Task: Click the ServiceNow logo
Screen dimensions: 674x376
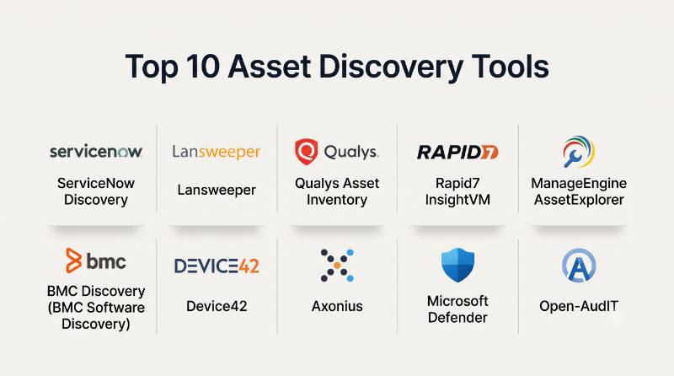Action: point(96,152)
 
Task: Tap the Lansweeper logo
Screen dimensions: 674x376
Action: point(217,152)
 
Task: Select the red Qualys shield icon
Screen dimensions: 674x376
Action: point(306,152)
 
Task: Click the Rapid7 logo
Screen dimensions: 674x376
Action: point(457,152)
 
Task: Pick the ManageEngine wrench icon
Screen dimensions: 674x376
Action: point(579,152)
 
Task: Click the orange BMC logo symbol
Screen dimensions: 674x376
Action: point(73,261)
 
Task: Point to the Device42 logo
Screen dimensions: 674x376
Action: point(217,266)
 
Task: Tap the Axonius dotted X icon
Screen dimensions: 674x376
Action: point(337,266)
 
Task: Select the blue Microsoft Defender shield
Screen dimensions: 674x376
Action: point(457,265)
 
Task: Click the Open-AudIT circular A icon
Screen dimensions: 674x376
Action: point(579,266)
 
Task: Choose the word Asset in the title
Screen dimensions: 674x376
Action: point(269,67)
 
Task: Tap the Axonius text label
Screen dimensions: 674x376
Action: point(337,306)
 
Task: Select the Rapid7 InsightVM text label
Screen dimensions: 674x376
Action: point(457,191)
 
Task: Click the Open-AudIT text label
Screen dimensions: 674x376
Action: point(579,306)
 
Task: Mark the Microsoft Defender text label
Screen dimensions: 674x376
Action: point(457,309)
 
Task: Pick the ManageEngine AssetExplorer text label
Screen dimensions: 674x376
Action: point(579,191)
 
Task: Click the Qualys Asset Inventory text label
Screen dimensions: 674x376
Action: point(337,191)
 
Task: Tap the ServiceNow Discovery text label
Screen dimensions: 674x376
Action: point(96,191)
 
